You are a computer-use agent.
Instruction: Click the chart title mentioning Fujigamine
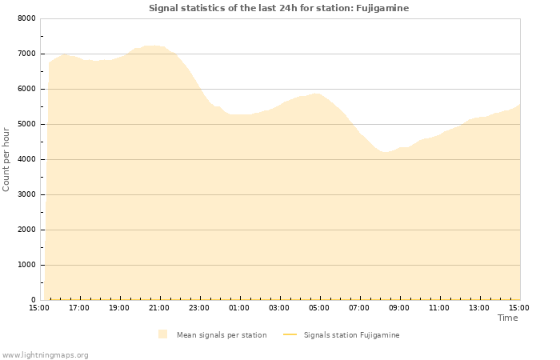point(278,8)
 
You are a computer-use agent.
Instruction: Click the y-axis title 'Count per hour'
point(6,158)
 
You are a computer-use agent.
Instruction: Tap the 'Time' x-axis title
point(507,318)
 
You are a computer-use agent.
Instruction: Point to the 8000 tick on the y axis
point(26,18)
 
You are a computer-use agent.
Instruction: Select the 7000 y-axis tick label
point(26,54)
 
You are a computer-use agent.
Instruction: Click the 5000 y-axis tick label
point(26,124)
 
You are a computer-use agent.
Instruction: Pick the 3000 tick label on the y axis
point(26,194)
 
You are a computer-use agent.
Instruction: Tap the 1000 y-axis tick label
point(26,265)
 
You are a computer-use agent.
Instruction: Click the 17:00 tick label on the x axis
point(79,307)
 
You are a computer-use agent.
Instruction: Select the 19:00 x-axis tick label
point(119,307)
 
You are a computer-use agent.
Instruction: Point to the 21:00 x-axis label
point(159,307)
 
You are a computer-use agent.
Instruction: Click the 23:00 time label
point(199,307)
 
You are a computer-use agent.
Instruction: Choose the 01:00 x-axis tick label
point(239,307)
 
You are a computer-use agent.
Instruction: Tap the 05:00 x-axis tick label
point(319,307)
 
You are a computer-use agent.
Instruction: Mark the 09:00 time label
point(399,307)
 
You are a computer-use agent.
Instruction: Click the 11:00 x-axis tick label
point(439,307)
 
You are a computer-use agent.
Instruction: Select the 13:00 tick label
point(479,307)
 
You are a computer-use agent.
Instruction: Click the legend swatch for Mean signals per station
point(163,334)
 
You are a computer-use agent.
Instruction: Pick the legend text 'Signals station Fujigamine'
point(351,334)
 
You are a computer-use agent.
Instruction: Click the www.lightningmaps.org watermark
point(46,354)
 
